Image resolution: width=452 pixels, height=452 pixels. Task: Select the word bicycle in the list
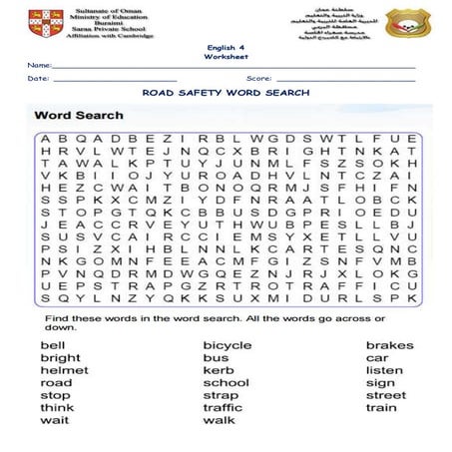pos(226,345)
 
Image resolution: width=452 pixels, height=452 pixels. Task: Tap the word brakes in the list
pos(389,345)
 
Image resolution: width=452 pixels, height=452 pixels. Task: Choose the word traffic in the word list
pos(223,408)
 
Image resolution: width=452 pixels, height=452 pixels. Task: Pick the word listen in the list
pos(384,370)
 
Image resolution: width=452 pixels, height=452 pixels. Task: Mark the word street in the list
pos(386,395)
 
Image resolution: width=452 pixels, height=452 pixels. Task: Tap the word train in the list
pos(381,408)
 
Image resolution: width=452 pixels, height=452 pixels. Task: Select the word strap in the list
pos(220,395)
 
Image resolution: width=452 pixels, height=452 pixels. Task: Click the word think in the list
pos(56,408)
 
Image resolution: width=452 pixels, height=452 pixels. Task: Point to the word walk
pos(219,420)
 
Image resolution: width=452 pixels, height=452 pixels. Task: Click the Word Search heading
pos(80,116)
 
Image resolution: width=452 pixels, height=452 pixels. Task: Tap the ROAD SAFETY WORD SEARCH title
pos(226,92)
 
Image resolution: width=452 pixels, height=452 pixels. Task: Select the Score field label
pos(258,77)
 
